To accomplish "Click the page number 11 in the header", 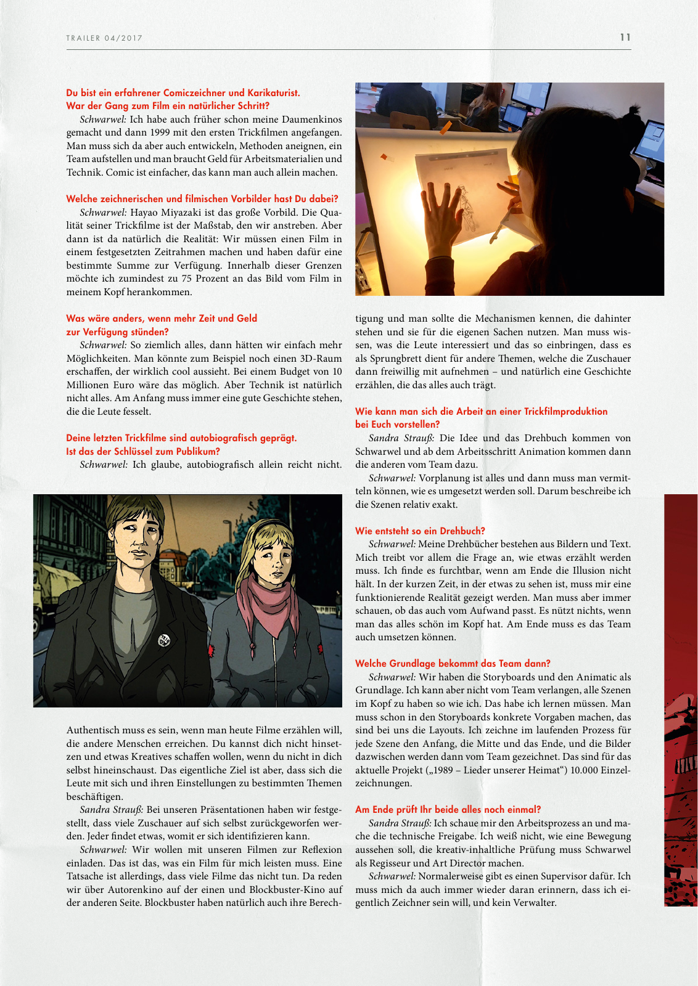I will pyautogui.click(x=625, y=38).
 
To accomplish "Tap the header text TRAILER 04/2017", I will pyautogui.click(x=104, y=38).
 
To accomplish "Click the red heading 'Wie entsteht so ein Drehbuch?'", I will pyautogui.click(x=420, y=531).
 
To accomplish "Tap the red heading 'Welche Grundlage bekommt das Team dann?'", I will pyautogui.click(x=453, y=663).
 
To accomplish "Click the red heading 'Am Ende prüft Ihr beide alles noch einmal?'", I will pyautogui.click(x=448, y=809).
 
